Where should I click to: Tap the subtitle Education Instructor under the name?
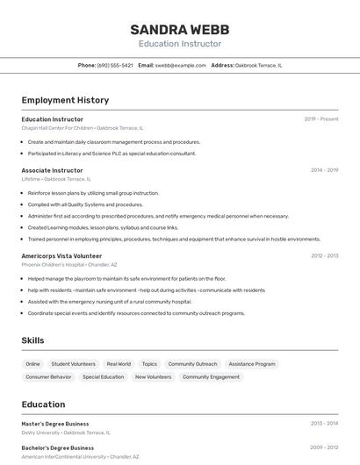coord(180,44)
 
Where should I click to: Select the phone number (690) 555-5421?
coord(115,65)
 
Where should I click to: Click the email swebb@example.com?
coord(181,65)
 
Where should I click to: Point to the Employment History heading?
coord(65,100)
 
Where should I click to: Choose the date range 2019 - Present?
coord(321,119)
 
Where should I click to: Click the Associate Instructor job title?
coord(53,170)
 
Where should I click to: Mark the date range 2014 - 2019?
coord(324,170)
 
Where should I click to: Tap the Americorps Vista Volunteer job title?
coord(62,255)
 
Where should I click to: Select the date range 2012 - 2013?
coord(324,255)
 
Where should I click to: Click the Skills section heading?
coord(32,340)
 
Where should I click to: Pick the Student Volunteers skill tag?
coord(73,363)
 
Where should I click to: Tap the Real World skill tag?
coord(119,363)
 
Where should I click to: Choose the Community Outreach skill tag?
coord(192,363)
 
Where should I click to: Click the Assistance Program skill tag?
coord(252,363)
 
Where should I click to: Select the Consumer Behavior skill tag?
coord(48,376)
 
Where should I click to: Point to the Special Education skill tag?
coord(104,376)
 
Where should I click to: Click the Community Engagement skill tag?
coord(211,376)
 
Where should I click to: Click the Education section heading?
coord(43,404)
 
